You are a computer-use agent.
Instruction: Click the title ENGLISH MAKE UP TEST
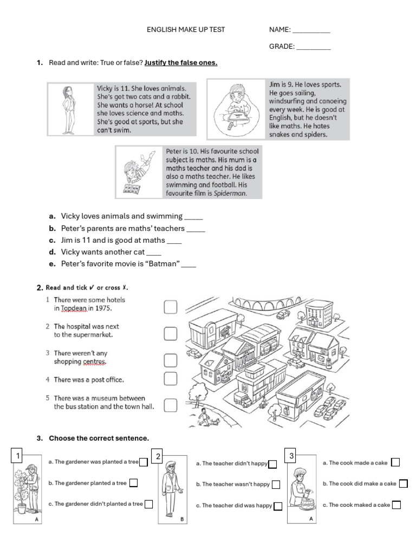click(186, 30)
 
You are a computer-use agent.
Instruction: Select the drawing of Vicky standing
click(69, 109)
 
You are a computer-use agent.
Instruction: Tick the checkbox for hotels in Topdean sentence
click(171, 308)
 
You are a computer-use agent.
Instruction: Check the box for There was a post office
click(171, 378)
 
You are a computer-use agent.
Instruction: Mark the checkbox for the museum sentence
click(171, 405)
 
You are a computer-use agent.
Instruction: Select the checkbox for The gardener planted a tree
click(133, 483)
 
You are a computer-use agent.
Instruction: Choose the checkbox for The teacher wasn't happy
click(276, 485)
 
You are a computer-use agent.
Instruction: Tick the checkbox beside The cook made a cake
click(395, 462)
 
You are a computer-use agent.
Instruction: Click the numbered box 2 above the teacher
click(158, 456)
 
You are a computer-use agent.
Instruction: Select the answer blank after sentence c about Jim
click(174, 241)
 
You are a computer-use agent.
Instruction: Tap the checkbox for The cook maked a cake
click(396, 505)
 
